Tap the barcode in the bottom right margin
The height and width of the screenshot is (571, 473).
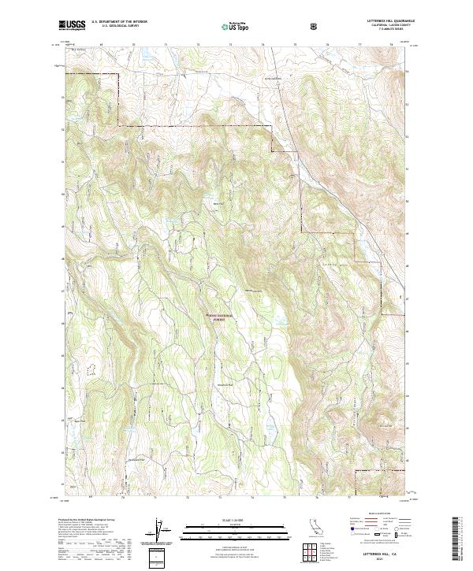(459, 537)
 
